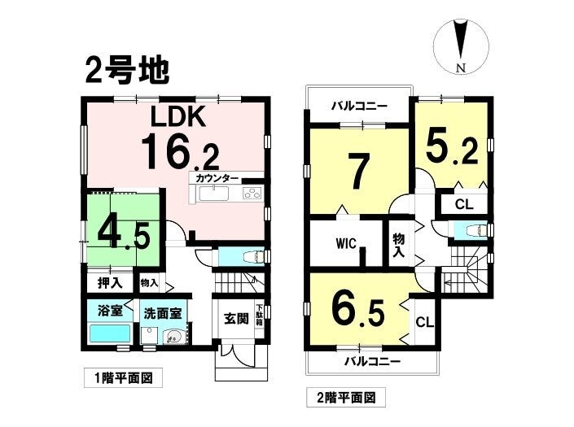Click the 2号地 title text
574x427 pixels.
(x=127, y=72)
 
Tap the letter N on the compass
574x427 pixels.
(x=461, y=68)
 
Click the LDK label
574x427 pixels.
(x=178, y=116)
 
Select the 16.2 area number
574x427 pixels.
(x=181, y=151)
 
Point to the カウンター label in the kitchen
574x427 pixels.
(x=217, y=179)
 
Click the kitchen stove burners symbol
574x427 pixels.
(x=252, y=193)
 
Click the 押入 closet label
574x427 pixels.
(x=110, y=283)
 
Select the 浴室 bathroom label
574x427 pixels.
(x=110, y=312)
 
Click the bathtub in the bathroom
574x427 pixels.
(x=110, y=333)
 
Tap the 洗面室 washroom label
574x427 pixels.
(x=163, y=313)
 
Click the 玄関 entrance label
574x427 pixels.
(x=236, y=319)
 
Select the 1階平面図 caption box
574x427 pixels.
(x=124, y=378)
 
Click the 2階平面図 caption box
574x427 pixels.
(x=346, y=397)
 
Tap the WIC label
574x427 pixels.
(x=346, y=243)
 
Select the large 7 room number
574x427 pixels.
(x=358, y=171)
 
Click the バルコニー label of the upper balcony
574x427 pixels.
(x=359, y=107)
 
